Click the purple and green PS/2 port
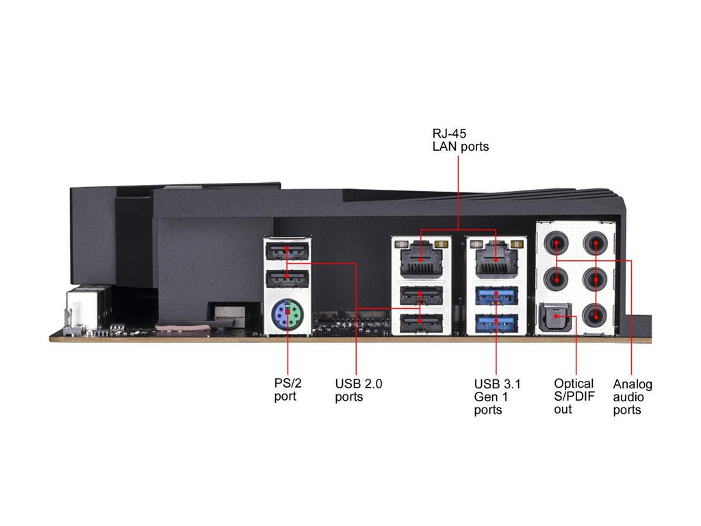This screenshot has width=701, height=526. point(288,316)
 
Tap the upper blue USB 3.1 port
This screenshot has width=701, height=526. point(496,296)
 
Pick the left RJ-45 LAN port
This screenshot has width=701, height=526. point(420,258)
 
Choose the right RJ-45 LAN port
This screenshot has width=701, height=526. point(496,258)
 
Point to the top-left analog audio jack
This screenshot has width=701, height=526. point(559,244)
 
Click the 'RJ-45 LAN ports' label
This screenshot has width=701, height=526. point(460,140)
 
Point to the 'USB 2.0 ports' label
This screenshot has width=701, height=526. point(358,390)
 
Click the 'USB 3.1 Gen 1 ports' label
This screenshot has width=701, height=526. point(497,397)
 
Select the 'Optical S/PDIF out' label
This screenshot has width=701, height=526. point(573,396)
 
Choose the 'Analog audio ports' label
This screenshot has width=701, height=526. point(632,397)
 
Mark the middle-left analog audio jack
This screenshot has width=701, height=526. point(559,279)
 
